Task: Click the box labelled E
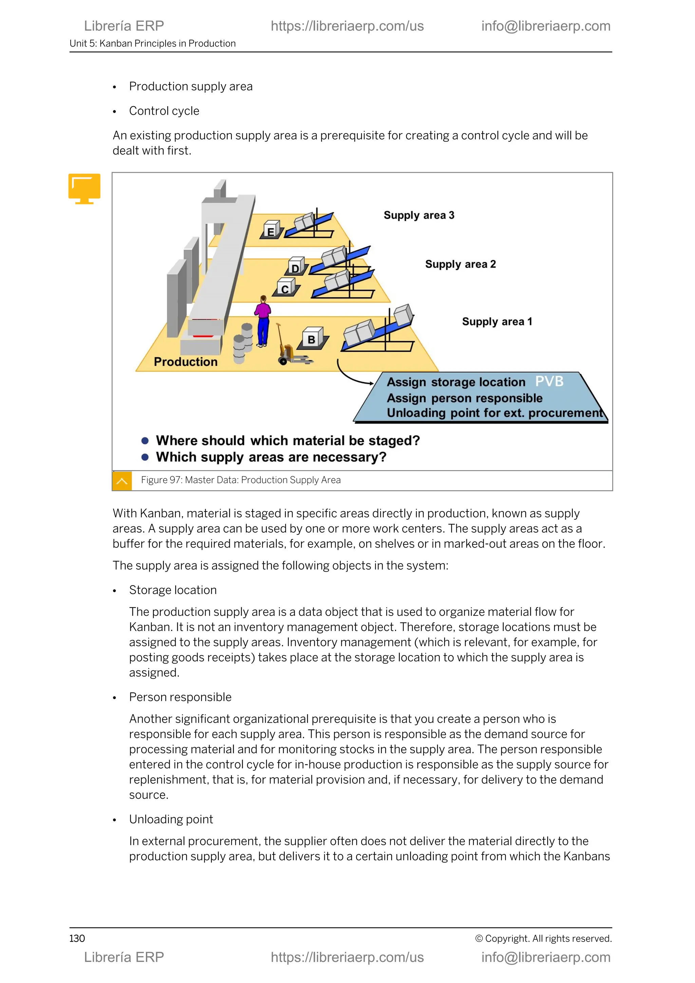[271, 230]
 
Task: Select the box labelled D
[296, 267]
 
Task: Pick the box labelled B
[313, 338]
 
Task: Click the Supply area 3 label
[418, 215]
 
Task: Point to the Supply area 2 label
[460, 264]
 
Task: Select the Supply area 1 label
[497, 321]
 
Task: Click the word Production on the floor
[185, 362]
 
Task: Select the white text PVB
[549, 381]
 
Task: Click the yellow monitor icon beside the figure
[84, 188]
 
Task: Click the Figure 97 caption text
[241, 480]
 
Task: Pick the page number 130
[77, 938]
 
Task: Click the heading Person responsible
[180, 697]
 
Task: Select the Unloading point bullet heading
[171, 819]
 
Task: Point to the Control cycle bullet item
[164, 111]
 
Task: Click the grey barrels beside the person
[243, 343]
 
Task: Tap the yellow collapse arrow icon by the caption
[121, 481]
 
